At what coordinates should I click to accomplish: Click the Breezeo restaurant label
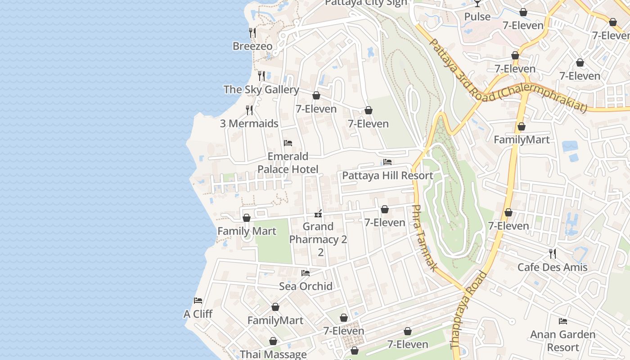pos(252,46)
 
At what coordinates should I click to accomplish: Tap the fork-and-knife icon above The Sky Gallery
pos(261,76)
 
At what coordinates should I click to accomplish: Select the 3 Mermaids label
pos(249,123)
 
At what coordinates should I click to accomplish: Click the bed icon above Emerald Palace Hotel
pos(288,143)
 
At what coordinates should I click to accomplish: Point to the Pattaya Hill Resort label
pos(387,175)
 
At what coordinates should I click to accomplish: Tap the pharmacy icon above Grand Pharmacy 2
pos(319,213)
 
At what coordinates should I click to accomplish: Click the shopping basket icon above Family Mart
pos(247,218)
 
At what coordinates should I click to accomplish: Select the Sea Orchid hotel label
pos(306,286)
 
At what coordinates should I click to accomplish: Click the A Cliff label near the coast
pos(198,314)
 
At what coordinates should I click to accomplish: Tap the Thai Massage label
pos(273,354)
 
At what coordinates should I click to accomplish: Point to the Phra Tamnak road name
pos(424,238)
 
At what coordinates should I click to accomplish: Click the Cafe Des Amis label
pos(552,267)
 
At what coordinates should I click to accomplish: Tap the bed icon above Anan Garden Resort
pos(562,321)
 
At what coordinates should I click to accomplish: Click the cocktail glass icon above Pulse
pos(477,4)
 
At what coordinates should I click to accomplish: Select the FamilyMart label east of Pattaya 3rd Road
pos(522,139)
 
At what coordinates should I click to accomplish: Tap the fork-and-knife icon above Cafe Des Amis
pos(553,254)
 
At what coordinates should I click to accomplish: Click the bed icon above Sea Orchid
pos(306,273)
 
